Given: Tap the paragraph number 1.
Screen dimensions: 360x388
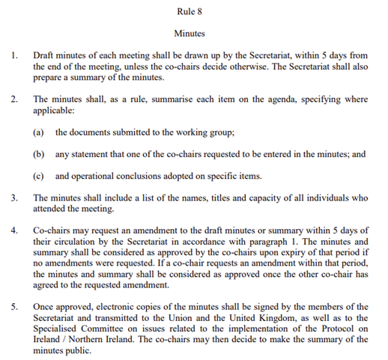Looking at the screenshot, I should [13, 55].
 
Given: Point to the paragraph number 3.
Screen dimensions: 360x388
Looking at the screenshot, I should [13, 198].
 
